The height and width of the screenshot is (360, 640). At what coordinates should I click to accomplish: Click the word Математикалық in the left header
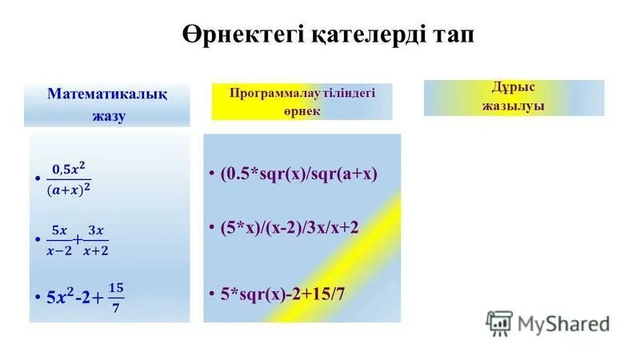tap(107, 94)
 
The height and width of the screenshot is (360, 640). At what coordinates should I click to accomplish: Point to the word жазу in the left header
tap(108, 115)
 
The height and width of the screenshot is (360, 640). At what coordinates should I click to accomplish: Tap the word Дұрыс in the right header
tap(514, 88)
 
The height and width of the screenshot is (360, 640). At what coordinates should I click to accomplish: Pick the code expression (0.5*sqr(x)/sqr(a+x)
tap(298, 174)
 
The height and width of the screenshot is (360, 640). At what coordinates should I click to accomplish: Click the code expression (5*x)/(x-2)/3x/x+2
tap(290, 227)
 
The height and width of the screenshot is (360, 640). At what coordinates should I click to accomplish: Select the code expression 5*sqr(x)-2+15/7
tap(283, 294)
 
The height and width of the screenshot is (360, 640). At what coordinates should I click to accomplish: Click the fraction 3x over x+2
tap(96, 240)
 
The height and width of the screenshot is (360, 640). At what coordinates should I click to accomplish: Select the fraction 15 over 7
tap(116, 297)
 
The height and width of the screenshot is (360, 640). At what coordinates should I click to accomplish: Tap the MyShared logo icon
tap(499, 322)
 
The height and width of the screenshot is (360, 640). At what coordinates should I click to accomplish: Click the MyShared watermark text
tap(563, 323)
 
